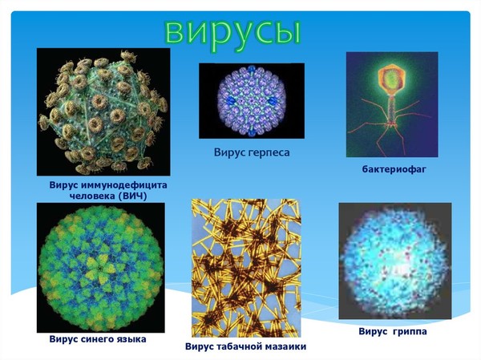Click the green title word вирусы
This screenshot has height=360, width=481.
[x=232, y=34]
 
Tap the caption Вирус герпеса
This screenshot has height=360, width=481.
[x=252, y=152]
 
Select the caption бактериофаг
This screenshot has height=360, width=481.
[x=394, y=169]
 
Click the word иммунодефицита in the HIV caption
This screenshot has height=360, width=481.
[x=125, y=185]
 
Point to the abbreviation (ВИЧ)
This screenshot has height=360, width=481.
[x=132, y=196]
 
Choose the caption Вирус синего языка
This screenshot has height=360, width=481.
[x=98, y=339]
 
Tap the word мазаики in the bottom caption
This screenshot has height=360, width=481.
[x=286, y=347]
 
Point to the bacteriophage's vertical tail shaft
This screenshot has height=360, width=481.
[x=391, y=108]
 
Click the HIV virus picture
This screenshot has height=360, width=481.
[x=103, y=111]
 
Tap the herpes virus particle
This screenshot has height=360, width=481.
[x=252, y=101]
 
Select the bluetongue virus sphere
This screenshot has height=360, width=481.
[x=100, y=269]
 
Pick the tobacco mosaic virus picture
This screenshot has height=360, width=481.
[x=246, y=268]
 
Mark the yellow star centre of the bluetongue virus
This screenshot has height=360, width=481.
[x=100, y=268]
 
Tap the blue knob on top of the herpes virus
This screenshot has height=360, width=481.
[x=252, y=69]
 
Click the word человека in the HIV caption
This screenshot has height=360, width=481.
[x=92, y=196]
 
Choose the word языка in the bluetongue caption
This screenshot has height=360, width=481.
[x=131, y=339]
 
